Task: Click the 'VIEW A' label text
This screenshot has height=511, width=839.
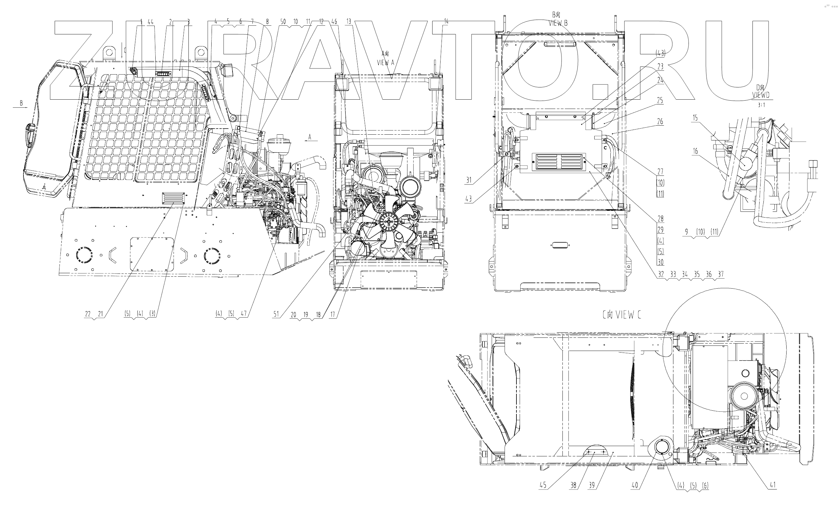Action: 386,63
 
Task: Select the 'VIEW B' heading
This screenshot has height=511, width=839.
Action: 558,23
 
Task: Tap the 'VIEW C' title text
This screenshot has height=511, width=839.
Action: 622,315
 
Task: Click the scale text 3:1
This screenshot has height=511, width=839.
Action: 761,105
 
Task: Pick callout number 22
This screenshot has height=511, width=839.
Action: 88,314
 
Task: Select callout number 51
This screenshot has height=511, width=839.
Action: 276,314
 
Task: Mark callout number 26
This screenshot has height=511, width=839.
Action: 660,121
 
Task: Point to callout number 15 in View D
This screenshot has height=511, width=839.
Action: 695,118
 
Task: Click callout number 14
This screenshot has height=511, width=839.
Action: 446,22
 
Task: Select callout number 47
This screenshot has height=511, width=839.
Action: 243,314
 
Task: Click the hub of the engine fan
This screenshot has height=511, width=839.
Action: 389,221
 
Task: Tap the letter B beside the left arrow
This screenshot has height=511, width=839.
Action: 22,103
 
